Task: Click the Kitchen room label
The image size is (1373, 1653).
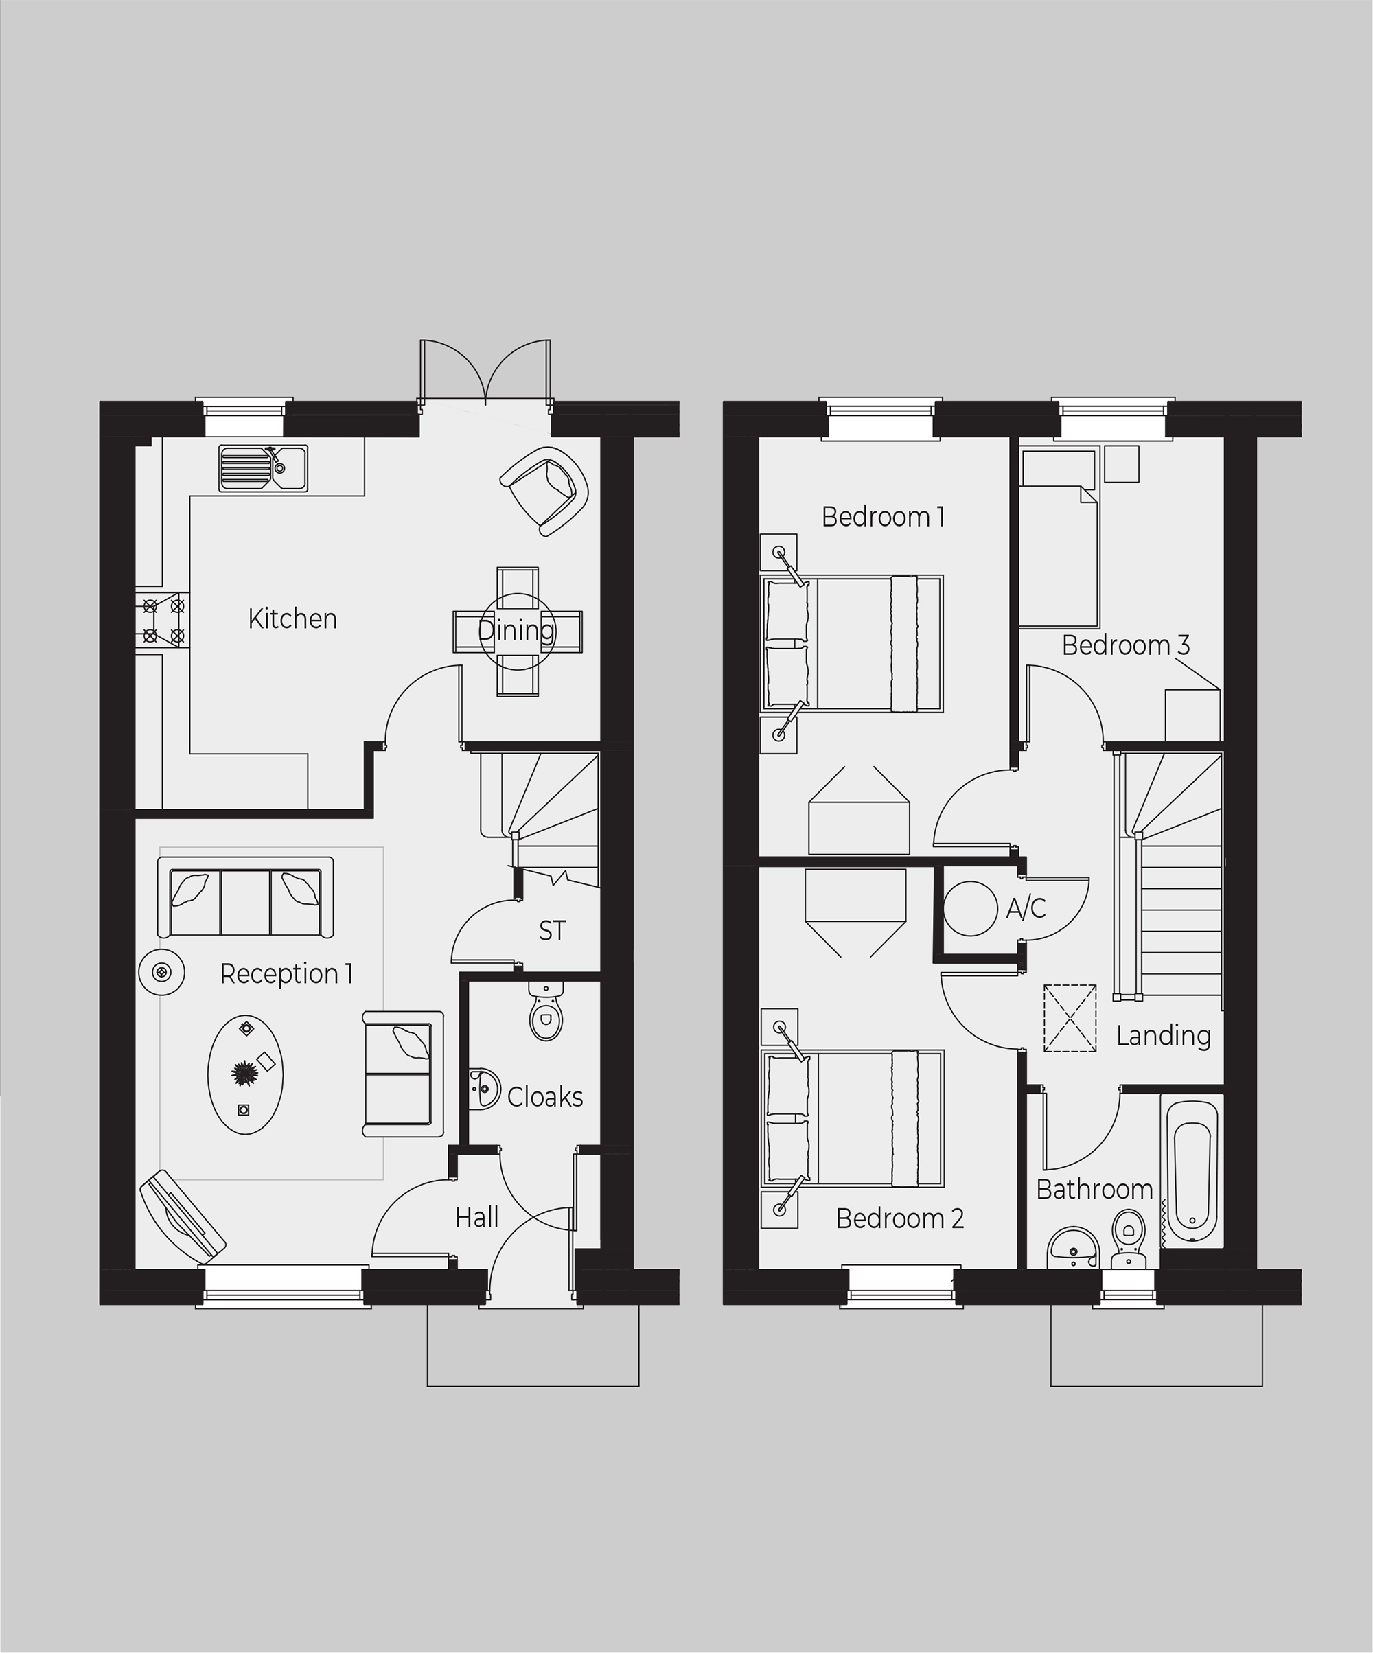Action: [x=292, y=619]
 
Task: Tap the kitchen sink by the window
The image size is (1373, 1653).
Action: [x=263, y=468]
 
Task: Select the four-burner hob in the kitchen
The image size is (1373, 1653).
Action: [x=163, y=621]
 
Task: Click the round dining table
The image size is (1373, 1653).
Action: [x=517, y=632]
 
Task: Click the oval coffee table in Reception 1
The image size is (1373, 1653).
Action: [x=246, y=1074]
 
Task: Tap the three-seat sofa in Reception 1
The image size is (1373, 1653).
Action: [x=246, y=897]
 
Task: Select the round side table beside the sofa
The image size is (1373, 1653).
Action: [x=161, y=973]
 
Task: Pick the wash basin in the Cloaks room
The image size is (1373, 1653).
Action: [x=483, y=1089]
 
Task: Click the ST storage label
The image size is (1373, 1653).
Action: [x=552, y=932]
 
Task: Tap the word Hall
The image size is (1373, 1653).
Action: [x=477, y=1218]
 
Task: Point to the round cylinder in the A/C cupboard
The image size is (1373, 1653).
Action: [x=971, y=908]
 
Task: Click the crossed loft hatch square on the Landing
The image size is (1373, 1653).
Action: [x=1070, y=1018]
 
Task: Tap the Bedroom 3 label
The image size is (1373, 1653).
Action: [x=1126, y=645]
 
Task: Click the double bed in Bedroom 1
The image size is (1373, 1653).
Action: [x=852, y=643]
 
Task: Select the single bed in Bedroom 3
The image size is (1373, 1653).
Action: [x=1059, y=537]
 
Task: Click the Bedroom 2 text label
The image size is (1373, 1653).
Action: [x=900, y=1218]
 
